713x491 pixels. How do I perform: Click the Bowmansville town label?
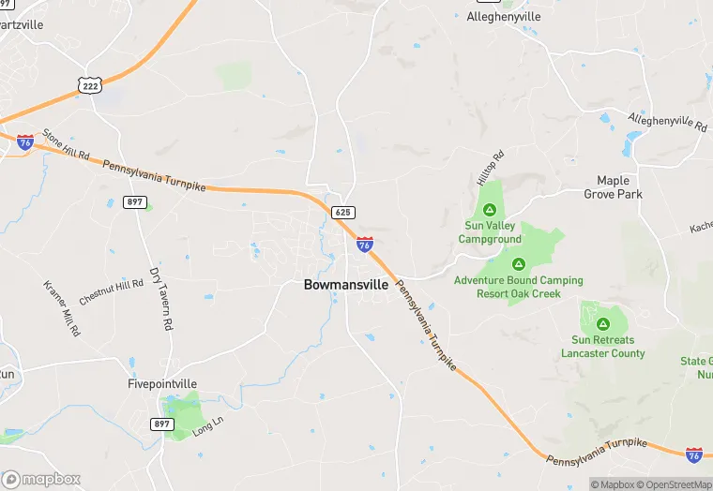pyautogui.click(x=346, y=285)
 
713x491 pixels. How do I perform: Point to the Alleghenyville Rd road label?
pyautogui.click(x=667, y=124)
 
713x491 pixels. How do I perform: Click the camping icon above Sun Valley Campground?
pyautogui.click(x=490, y=209)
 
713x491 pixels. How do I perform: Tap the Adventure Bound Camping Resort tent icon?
pyautogui.click(x=518, y=263)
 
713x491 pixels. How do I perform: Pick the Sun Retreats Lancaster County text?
pyautogui.click(x=603, y=347)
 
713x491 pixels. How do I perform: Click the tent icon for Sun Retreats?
pyautogui.click(x=603, y=323)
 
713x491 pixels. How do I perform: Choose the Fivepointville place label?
pyautogui.click(x=163, y=383)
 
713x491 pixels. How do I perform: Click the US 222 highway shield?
pyautogui.click(x=89, y=84)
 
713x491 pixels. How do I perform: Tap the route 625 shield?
pyautogui.click(x=342, y=213)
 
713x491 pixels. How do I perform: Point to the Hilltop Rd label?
pyautogui.click(x=491, y=166)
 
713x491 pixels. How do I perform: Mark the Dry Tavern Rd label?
pyautogui.click(x=161, y=298)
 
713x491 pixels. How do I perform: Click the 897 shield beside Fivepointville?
pyautogui.click(x=162, y=424)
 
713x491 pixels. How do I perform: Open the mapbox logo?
pyautogui.click(x=41, y=479)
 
